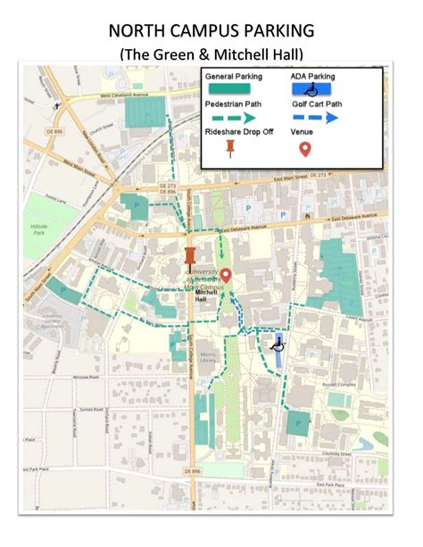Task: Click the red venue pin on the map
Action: pyautogui.click(x=226, y=276)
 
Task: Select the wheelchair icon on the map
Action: pyautogui.click(x=277, y=342)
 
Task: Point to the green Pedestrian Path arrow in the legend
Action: pyautogui.click(x=234, y=117)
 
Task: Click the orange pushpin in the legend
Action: pyautogui.click(x=230, y=146)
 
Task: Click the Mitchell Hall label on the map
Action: pyautogui.click(x=206, y=295)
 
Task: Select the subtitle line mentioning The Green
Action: pyautogui.click(x=211, y=54)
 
